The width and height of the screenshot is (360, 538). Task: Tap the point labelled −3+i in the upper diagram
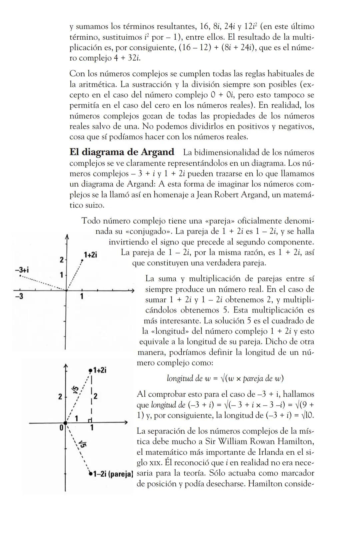(x=20, y=275)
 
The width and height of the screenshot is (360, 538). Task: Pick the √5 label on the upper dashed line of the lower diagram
(x=76, y=389)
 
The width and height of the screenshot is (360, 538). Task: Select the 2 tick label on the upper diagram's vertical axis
(x=61, y=260)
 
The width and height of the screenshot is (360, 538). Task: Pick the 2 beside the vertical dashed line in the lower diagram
(x=95, y=396)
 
